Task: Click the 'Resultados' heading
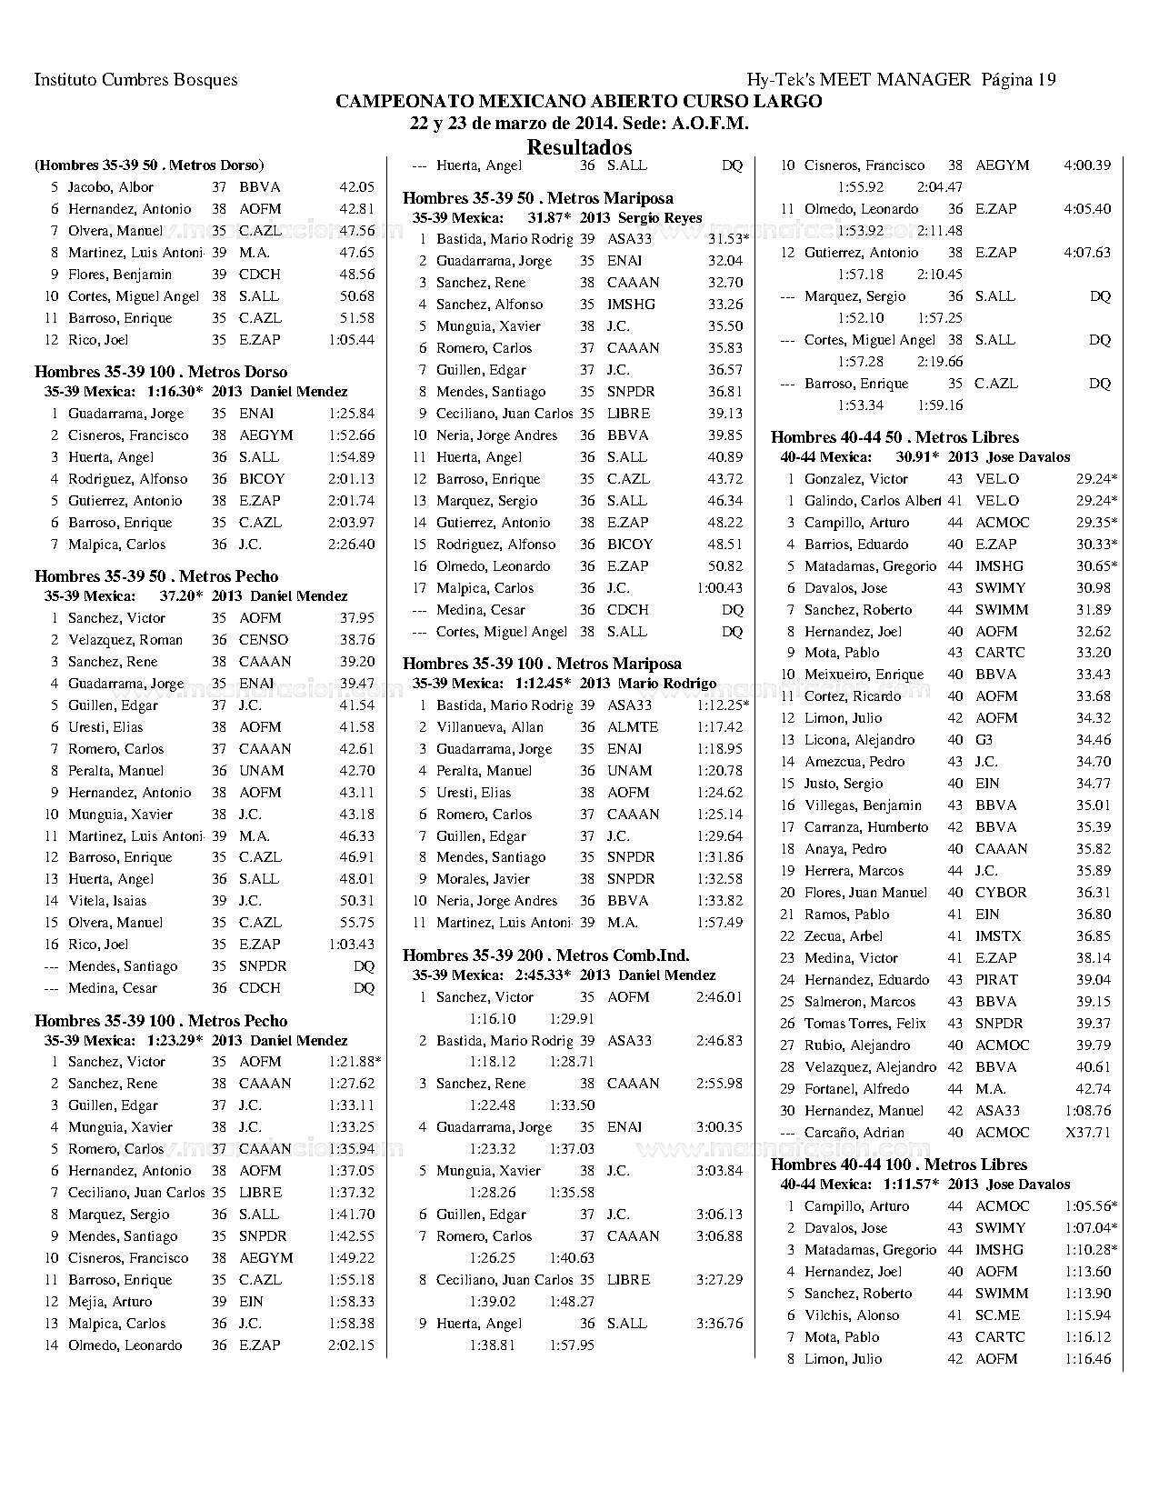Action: tap(579, 147)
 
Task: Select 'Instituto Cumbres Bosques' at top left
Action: tap(135, 80)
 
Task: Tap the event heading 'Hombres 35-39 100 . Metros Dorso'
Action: tap(161, 372)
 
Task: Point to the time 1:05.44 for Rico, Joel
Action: tap(351, 340)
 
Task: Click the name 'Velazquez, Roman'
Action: tap(125, 640)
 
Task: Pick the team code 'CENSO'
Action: tap(264, 640)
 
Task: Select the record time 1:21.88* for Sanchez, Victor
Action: tap(355, 1062)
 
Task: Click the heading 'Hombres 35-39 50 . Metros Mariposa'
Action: tap(538, 198)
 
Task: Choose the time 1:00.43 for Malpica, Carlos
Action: tap(719, 588)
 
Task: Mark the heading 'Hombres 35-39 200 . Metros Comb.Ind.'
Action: tap(545, 955)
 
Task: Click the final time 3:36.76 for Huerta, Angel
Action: tap(719, 1324)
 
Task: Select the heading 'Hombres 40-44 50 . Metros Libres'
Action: tap(894, 437)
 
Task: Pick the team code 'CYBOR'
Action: tap(1000, 893)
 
